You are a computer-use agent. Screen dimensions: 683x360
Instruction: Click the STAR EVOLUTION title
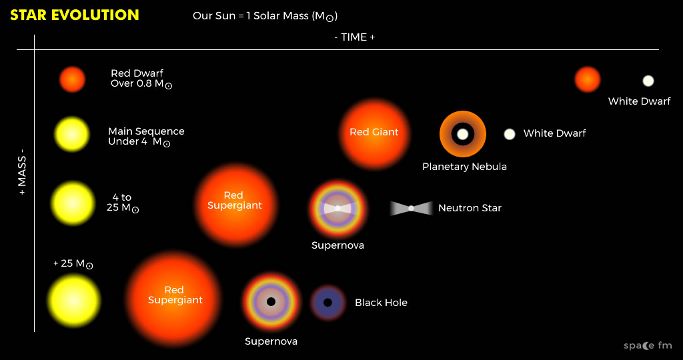coord(75,15)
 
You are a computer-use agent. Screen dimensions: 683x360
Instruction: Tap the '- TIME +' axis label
coord(355,37)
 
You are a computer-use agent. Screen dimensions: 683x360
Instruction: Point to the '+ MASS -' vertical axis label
coord(22,173)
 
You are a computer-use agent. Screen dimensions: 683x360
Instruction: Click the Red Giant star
coord(375,133)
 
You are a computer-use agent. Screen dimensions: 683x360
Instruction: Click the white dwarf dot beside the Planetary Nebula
coord(510,134)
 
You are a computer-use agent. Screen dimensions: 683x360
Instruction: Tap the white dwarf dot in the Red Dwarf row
coord(648,81)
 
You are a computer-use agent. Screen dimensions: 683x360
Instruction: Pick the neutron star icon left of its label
coord(411,209)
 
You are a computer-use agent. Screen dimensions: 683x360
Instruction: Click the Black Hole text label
coord(381,303)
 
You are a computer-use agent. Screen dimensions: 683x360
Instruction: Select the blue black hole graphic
coord(328,303)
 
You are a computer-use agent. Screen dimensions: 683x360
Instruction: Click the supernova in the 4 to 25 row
coord(337,209)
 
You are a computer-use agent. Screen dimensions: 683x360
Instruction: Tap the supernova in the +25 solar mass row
coord(271,302)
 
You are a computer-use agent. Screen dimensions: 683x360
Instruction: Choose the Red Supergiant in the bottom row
coord(174,299)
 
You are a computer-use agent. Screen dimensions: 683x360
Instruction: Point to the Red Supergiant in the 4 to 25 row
coord(235,205)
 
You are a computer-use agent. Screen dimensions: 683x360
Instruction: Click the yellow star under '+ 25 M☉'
coord(73,301)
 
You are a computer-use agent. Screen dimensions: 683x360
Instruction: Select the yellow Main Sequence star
coord(72,135)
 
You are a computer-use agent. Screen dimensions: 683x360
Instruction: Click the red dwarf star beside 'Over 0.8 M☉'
coord(72,79)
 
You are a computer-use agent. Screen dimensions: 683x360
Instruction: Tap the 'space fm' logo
coord(648,345)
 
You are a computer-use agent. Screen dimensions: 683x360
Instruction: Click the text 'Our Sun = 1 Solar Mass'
coord(251,16)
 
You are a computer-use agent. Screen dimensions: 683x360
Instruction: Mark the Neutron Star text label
coord(470,208)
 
